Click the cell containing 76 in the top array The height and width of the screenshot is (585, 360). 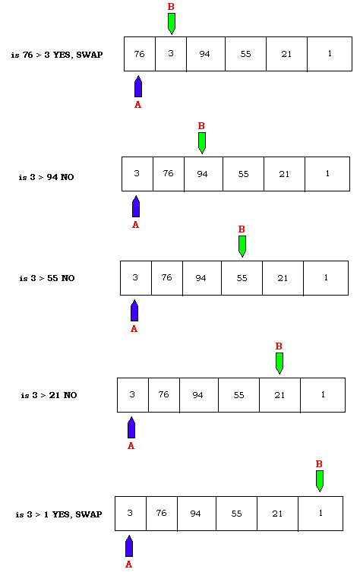pyautogui.click(x=140, y=54)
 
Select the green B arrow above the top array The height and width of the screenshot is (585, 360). pyautogui.click(x=172, y=24)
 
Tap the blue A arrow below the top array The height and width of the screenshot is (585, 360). pyautogui.click(x=138, y=86)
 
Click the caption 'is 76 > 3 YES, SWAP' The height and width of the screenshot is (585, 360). pyautogui.click(x=57, y=55)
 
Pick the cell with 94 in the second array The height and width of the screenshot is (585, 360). pyautogui.click(x=204, y=174)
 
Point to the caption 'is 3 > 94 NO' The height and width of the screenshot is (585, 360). pyautogui.click(x=46, y=177)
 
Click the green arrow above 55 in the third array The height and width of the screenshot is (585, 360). pyautogui.click(x=242, y=246)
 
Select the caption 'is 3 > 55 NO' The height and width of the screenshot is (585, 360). pyautogui.click(x=47, y=278)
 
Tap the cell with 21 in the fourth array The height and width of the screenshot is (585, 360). pyautogui.click(x=279, y=395)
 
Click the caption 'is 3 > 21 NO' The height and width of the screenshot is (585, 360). pyautogui.click(x=49, y=396)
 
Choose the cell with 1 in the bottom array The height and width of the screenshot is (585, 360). pyautogui.click(x=321, y=514)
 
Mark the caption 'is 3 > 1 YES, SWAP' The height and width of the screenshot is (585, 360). pyautogui.click(x=58, y=514)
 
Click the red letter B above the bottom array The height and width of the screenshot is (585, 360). pyautogui.click(x=319, y=463)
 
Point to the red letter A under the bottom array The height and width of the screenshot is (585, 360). pyautogui.click(x=128, y=564)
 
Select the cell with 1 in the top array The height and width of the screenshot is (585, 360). pyautogui.click(x=330, y=54)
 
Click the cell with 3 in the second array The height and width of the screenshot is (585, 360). pyautogui.click(x=137, y=174)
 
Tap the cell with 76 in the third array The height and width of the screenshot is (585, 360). pyautogui.click(x=167, y=278)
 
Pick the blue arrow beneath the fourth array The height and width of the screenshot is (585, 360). pyautogui.click(x=131, y=428)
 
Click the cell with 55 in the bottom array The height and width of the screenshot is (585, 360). pyautogui.click(x=236, y=514)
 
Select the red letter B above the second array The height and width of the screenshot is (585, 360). pyautogui.click(x=201, y=126)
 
